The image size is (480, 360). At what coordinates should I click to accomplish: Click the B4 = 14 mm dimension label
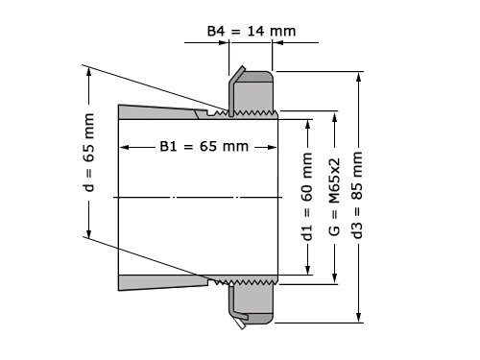(252, 31)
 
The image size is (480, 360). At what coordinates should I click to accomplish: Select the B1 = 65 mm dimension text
(203, 147)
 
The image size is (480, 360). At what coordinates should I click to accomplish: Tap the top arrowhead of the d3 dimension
(358, 76)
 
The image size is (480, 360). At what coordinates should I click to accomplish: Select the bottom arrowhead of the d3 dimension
(358, 322)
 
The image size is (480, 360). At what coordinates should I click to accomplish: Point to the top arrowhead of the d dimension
(89, 69)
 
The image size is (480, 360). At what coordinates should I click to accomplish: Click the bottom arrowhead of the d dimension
(89, 235)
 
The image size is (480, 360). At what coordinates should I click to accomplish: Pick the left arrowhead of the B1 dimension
(122, 147)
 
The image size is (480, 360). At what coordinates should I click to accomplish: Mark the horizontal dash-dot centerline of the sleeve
(192, 197)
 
